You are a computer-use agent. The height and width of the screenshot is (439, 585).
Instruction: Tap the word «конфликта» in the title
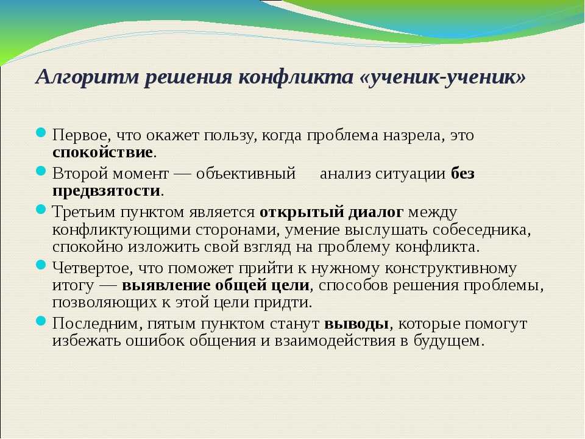pos(295,77)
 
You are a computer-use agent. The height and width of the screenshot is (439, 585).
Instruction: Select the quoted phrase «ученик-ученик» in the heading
pos(443,77)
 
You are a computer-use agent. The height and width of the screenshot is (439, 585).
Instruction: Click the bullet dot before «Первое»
pos(41,132)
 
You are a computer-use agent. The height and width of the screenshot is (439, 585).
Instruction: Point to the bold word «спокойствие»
pos(102,152)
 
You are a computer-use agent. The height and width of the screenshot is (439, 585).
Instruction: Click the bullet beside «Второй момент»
pos(41,171)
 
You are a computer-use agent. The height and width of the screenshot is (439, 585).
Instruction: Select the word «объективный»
pos(246,173)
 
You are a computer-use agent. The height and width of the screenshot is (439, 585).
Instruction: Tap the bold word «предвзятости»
pos(106,191)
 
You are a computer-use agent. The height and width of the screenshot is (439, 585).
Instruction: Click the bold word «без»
pos(463,173)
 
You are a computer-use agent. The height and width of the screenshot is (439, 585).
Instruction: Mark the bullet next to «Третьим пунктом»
pos(41,209)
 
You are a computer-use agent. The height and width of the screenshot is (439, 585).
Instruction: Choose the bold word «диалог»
pos(376,212)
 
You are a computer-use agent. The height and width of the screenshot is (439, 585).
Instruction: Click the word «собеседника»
pos(481,230)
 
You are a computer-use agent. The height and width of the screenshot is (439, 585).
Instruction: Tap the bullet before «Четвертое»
pos(41,265)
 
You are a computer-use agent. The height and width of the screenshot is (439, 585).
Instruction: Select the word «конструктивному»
pos(451,268)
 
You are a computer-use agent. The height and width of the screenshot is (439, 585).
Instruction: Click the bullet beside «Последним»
pos(41,321)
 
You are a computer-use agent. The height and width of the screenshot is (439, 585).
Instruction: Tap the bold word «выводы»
pos(356,324)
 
